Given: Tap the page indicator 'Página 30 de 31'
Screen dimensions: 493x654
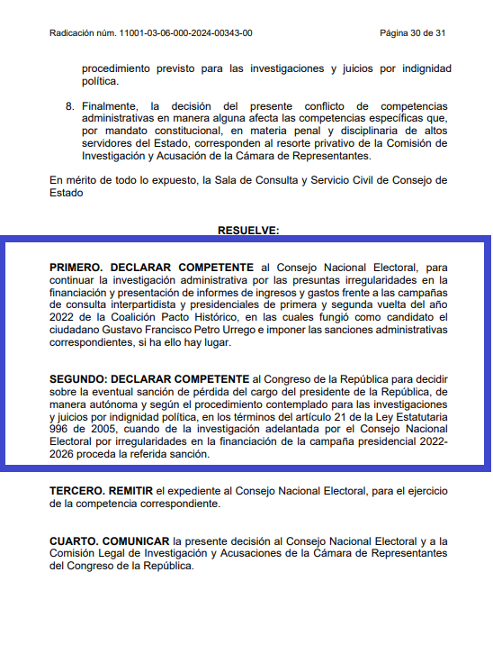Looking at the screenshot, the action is pyautogui.click(x=413, y=33).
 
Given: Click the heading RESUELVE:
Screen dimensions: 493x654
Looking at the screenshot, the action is pyautogui.click(x=248, y=231).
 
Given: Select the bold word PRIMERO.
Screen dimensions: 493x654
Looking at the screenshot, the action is pyautogui.click(x=77, y=268).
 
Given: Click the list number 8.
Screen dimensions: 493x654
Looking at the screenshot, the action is pyautogui.click(x=69, y=106).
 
